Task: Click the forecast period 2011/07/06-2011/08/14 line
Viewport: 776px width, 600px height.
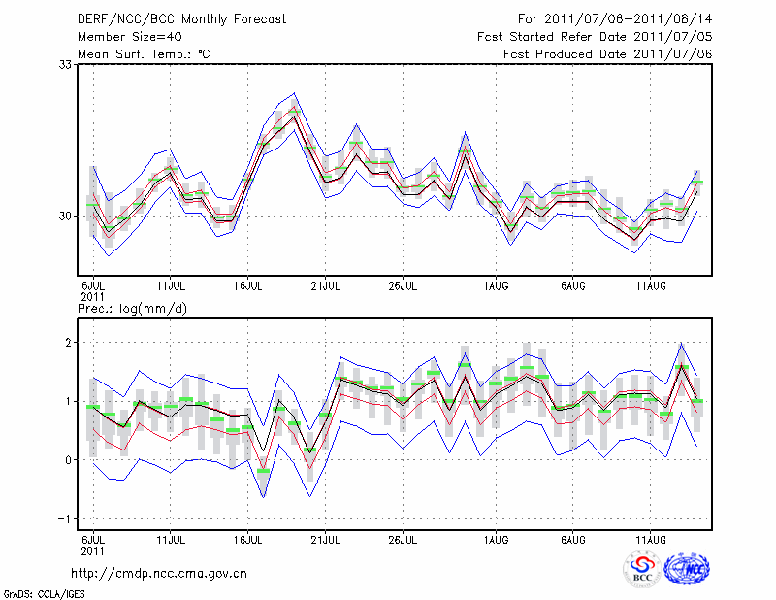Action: (x=615, y=18)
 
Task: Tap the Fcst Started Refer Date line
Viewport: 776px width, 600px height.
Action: (x=595, y=36)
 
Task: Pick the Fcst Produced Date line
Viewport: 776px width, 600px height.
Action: (x=607, y=53)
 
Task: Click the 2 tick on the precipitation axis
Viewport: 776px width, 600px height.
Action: (x=70, y=343)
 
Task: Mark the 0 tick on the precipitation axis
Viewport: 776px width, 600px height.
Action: (x=70, y=460)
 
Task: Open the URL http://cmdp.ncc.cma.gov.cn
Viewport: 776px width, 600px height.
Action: (x=160, y=573)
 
